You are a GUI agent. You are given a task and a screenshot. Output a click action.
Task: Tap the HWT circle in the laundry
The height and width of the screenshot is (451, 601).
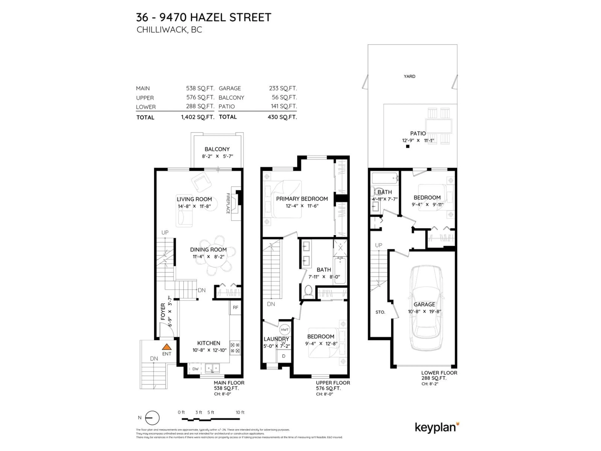pos(285,330)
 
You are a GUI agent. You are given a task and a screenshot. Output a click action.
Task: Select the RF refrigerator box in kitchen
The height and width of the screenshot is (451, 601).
pos(235,307)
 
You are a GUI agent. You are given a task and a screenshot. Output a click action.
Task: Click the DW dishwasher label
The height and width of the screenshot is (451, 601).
pos(195,369)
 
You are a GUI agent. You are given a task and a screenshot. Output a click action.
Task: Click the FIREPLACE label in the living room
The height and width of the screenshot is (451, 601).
pos(228,203)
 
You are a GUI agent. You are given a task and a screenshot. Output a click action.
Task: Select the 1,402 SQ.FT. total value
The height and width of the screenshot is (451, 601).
pos(198,117)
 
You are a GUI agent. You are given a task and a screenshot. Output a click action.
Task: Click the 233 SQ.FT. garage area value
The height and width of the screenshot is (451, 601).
pos(283,88)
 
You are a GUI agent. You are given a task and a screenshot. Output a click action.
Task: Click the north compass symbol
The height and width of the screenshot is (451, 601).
pos(152,418)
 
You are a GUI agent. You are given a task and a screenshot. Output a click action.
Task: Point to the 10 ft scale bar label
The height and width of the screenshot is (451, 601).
pos(240,412)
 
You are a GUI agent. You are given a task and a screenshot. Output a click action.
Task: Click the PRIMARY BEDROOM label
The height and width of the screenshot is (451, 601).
pos(302,199)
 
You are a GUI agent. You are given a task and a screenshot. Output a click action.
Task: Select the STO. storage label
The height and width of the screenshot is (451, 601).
pos(380,312)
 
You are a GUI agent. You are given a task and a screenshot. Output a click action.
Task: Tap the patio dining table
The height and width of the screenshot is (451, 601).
pos(439,126)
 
